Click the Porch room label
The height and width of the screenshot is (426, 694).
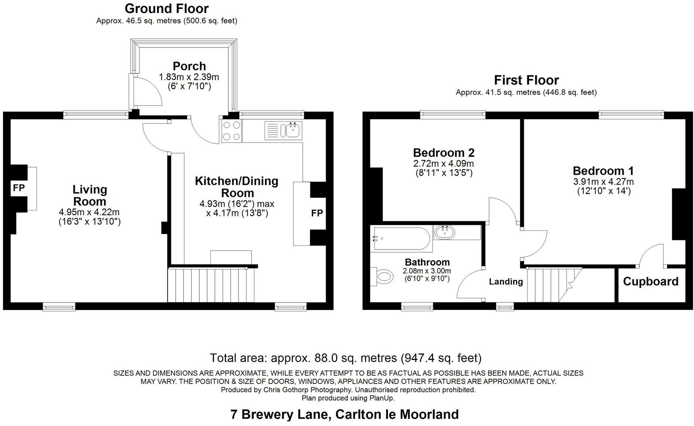[189, 66]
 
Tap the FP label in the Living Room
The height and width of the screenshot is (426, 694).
[19, 188]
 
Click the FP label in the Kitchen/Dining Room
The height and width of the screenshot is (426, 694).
[317, 213]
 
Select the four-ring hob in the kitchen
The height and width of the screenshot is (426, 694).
[231, 131]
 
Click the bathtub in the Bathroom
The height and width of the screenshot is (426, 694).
[401, 239]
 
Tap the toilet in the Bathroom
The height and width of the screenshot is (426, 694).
[382, 276]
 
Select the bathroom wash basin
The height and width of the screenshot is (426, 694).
[445, 233]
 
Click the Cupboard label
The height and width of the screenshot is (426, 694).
[650, 282]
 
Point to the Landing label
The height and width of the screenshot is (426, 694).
[506, 282]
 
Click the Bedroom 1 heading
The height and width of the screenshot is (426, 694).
[603, 171]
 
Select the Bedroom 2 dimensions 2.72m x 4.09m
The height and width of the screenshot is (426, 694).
[443, 164]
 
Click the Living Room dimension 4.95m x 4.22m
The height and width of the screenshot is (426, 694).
[89, 212]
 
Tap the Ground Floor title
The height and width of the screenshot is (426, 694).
[166, 8]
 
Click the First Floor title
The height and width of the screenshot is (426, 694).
[526, 80]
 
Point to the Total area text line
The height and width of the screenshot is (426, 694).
[346, 358]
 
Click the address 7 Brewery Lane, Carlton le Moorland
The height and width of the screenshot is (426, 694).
[344, 414]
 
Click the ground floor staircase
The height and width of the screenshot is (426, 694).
[211, 285]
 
